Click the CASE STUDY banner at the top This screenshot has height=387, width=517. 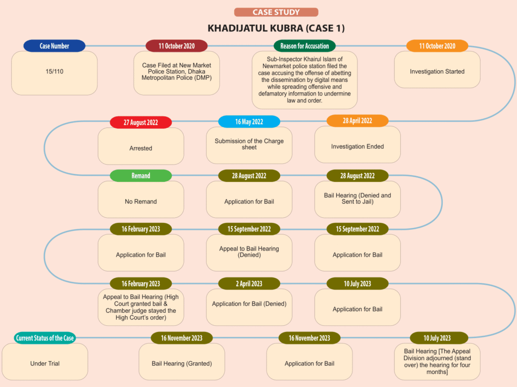(276, 12)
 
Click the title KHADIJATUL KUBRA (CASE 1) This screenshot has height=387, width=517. (276, 28)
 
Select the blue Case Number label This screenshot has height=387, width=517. (55, 46)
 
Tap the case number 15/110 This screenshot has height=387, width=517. (55, 71)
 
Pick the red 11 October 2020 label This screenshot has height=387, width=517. (176, 46)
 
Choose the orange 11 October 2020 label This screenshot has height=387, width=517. (437, 46)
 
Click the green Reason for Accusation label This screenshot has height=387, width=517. (304, 46)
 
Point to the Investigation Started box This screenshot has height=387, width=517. (437, 70)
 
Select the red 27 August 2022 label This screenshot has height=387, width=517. (141, 122)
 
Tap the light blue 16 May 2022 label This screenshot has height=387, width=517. (249, 122)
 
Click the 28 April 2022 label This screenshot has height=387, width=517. (357, 121)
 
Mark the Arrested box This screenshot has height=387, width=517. (141, 146)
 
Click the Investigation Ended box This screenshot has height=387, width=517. (357, 144)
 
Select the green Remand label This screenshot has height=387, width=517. (141, 175)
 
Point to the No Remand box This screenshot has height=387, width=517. (141, 200)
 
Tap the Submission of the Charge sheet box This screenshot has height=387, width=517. (249, 146)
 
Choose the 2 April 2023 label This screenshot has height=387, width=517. (249, 284)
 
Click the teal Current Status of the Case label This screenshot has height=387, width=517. (45, 338)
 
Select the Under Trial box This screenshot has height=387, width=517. (45, 362)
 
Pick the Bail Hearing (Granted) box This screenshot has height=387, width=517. (182, 362)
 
